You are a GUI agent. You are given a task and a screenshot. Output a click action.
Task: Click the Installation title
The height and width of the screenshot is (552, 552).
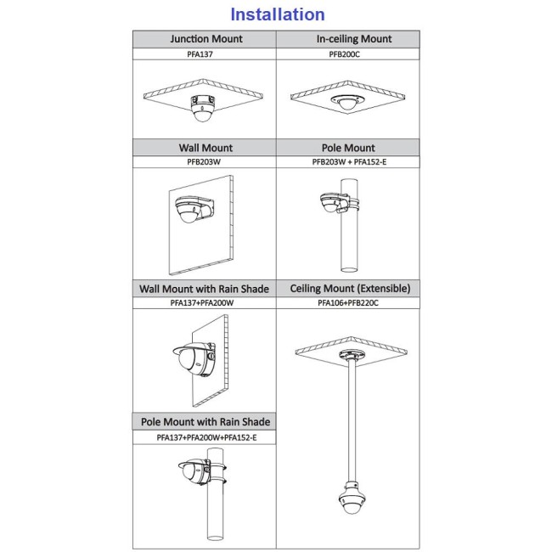click(x=278, y=14)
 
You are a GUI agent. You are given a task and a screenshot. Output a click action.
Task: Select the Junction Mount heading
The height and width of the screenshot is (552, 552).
click(x=206, y=39)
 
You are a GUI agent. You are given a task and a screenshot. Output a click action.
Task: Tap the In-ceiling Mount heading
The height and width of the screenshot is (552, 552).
click(x=354, y=39)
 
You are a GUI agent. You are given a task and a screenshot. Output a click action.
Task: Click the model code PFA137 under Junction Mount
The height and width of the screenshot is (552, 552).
click(x=200, y=54)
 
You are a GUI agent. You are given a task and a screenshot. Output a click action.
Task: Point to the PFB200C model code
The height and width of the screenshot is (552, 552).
click(x=344, y=54)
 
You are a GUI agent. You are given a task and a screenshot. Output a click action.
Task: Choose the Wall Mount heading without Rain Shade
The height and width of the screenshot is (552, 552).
click(x=206, y=148)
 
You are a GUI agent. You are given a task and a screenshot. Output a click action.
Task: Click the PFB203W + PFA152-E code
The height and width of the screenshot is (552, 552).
click(x=349, y=162)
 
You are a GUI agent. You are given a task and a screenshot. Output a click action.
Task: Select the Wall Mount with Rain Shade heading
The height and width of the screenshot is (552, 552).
click(x=204, y=289)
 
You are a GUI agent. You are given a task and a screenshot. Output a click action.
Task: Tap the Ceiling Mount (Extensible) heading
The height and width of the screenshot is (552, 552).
click(x=350, y=289)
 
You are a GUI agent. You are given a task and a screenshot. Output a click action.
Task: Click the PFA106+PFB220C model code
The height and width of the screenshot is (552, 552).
click(x=348, y=303)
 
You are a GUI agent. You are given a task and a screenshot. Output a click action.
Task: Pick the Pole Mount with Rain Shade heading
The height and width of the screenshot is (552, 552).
click(x=206, y=422)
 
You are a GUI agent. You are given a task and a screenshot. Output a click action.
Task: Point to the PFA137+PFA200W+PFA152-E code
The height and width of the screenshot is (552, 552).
click(x=206, y=437)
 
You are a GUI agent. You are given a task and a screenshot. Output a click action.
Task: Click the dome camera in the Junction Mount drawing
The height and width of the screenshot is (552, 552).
click(x=202, y=108)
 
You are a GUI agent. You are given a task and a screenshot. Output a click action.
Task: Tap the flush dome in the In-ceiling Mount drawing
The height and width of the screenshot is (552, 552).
click(x=347, y=102)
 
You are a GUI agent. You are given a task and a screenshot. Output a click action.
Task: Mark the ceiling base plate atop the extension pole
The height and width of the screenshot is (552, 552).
click(x=350, y=354)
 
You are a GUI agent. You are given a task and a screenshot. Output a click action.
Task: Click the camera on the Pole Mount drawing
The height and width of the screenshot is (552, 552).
click(x=334, y=203)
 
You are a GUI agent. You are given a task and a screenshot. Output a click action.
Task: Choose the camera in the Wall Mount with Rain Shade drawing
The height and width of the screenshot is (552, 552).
click(x=195, y=360)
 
